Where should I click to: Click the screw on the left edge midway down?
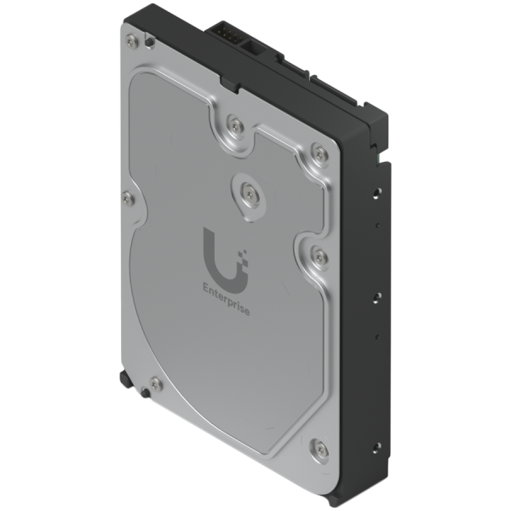click(x=129, y=198)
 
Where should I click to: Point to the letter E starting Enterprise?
click(x=202, y=285)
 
